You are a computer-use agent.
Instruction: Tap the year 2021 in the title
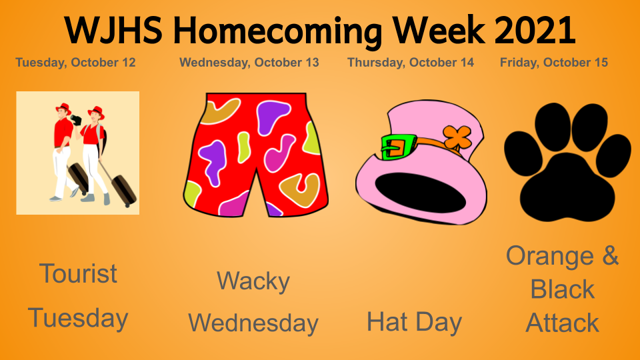(x=535, y=30)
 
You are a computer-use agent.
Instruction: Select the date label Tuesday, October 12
(x=75, y=63)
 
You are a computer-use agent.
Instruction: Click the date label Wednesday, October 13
(x=249, y=63)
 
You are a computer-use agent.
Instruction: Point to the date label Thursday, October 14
(x=411, y=63)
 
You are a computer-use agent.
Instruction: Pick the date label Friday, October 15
(x=554, y=63)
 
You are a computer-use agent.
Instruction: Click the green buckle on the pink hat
(x=398, y=147)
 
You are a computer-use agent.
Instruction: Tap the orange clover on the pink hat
(x=457, y=137)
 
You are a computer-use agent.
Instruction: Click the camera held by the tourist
(x=76, y=119)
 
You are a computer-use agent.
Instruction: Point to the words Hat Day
(x=414, y=322)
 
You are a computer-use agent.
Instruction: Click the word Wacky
(x=253, y=281)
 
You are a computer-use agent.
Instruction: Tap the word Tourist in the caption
(x=78, y=273)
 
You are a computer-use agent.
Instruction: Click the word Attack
(x=563, y=323)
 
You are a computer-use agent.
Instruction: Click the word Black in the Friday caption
(x=563, y=289)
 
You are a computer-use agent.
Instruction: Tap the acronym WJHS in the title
(x=114, y=30)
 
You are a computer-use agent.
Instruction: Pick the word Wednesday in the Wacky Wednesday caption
(x=253, y=323)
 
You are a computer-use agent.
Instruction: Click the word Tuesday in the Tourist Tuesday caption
(x=78, y=319)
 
